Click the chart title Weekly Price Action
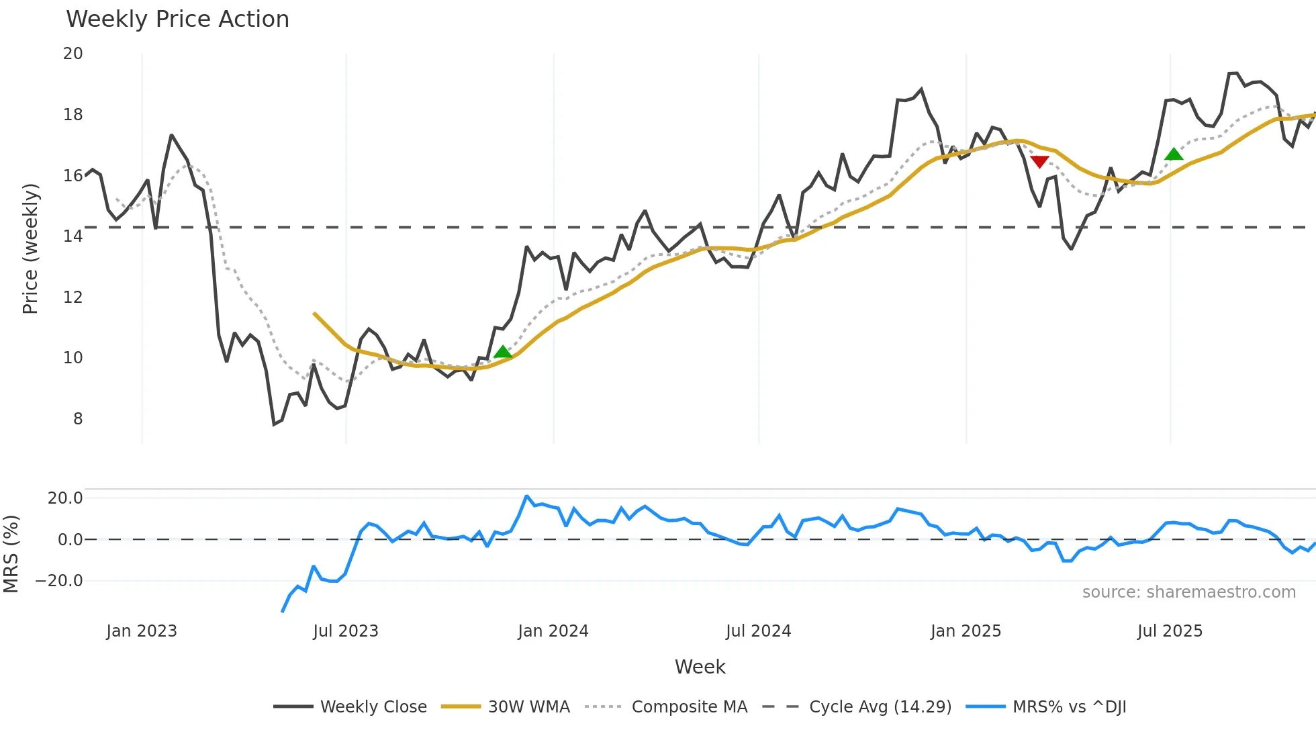click(x=177, y=19)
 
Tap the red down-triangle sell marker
click(x=1039, y=162)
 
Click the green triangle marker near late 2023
click(x=503, y=352)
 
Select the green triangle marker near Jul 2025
click(x=1174, y=154)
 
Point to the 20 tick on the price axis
click(x=73, y=54)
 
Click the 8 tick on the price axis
click(x=78, y=419)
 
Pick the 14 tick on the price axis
click(x=73, y=236)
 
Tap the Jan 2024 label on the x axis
click(x=553, y=631)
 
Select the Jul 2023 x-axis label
click(x=346, y=631)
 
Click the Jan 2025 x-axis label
click(x=966, y=631)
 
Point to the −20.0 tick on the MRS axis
click(x=59, y=581)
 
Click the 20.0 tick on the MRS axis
click(x=65, y=498)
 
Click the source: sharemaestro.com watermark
click(x=1188, y=592)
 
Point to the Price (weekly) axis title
click(x=31, y=249)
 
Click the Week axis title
click(x=700, y=667)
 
